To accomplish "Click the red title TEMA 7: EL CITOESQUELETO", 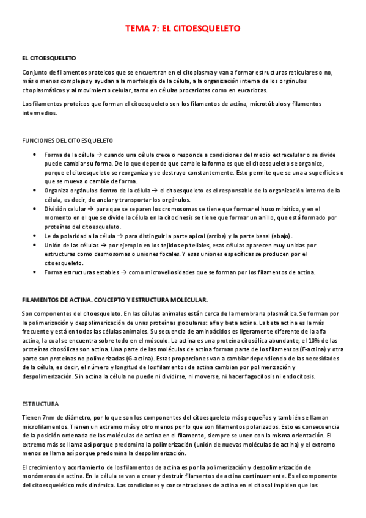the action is pyautogui.click(x=183, y=29).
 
